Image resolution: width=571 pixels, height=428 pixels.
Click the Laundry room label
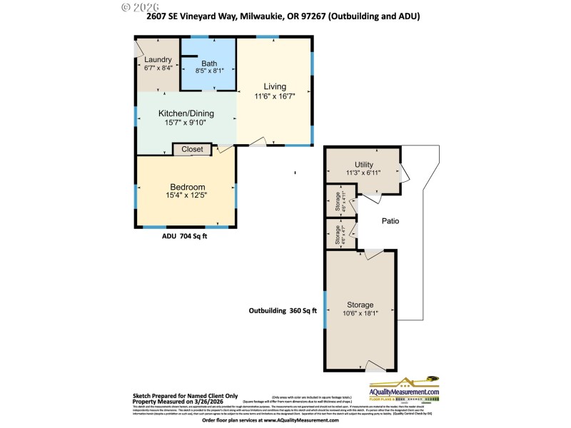[158, 59]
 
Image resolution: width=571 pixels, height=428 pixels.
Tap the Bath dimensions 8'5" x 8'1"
[208, 71]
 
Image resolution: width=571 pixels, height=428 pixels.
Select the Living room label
[274, 87]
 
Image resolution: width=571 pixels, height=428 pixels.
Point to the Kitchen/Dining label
[186, 113]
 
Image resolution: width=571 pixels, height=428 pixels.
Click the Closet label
[192, 150]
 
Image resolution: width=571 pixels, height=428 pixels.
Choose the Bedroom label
[187, 187]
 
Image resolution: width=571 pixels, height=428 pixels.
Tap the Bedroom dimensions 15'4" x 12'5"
[187, 195]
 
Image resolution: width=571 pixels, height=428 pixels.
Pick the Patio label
[390, 221]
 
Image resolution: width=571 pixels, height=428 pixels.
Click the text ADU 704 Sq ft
[184, 238]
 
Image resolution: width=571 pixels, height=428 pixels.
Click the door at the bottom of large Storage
[376, 366]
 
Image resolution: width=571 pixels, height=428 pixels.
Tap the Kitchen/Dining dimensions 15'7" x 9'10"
[186, 122]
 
